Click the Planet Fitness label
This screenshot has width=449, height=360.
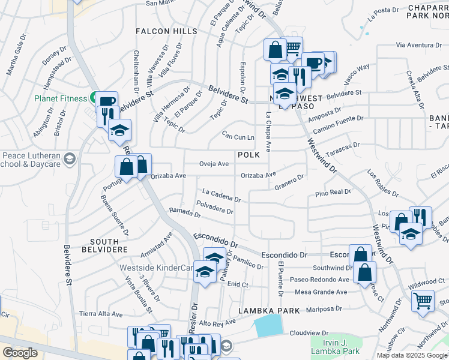(60, 98)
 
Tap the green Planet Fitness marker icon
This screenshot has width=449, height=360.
(94, 97)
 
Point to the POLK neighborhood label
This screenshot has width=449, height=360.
(249, 155)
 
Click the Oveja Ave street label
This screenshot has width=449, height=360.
(214, 163)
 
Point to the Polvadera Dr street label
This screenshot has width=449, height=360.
(214, 211)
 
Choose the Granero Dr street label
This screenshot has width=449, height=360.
(289, 179)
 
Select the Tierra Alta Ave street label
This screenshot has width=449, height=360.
(101, 313)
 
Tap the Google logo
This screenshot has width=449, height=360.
(20, 353)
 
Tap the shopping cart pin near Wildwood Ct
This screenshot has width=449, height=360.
(423, 299)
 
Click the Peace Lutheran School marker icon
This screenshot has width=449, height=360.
(70, 159)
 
